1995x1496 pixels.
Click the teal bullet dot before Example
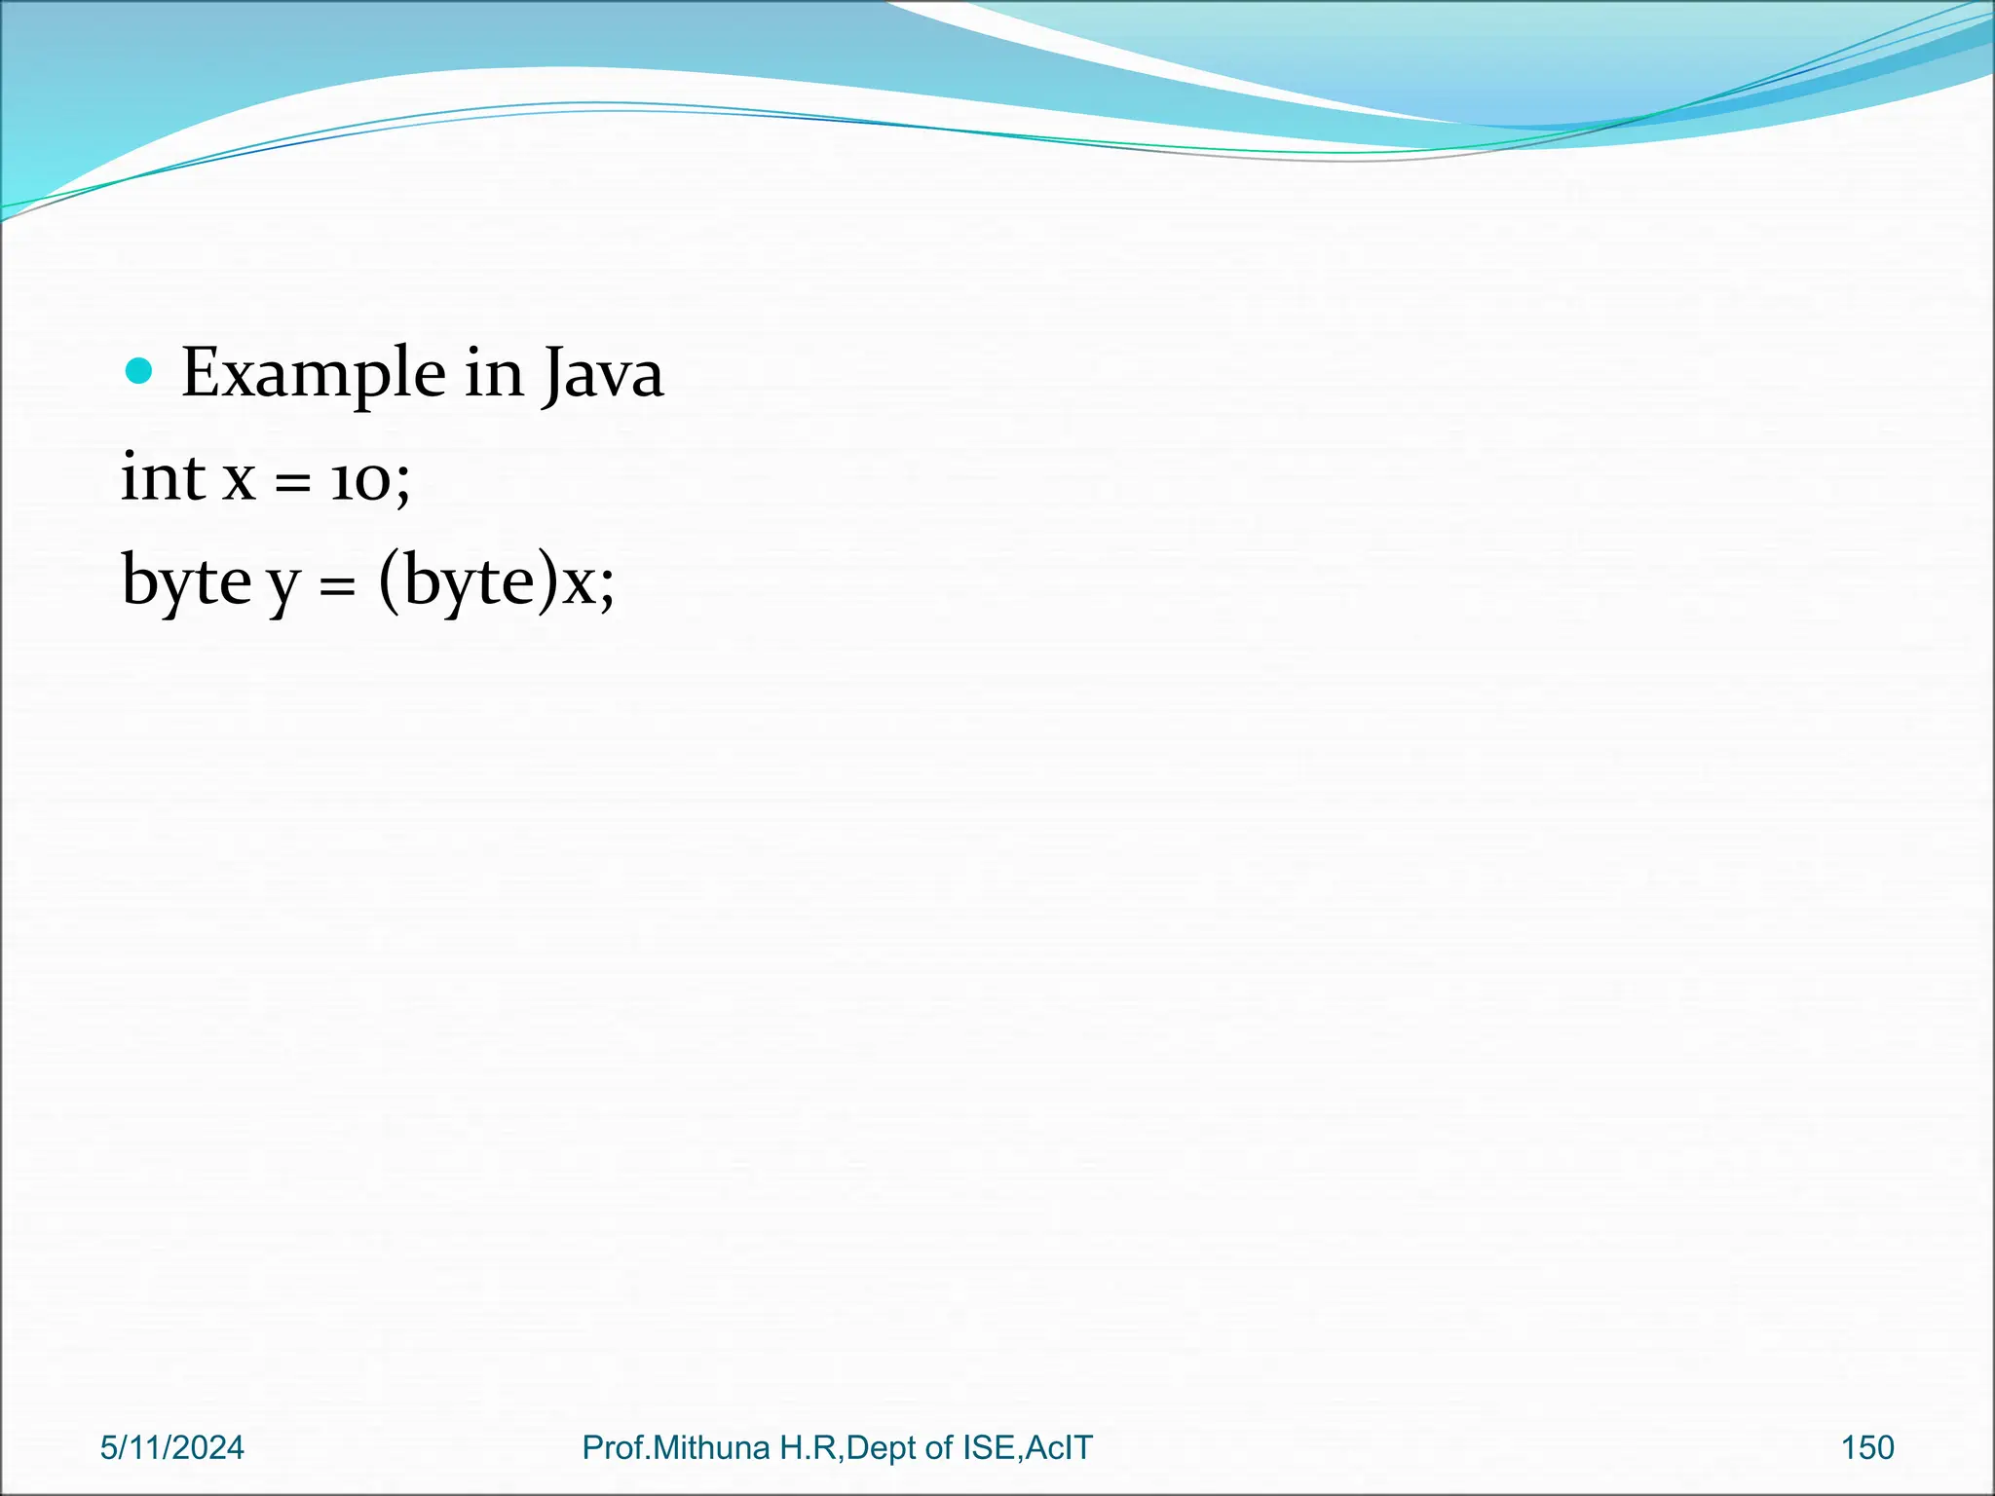(140, 371)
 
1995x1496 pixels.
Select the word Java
(603, 374)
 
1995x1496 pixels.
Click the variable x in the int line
(240, 480)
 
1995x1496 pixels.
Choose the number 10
(359, 481)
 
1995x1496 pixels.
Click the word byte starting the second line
(186, 582)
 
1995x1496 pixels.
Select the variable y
(283, 586)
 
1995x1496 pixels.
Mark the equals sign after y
(337, 585)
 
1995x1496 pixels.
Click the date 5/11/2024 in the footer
(172, 1447)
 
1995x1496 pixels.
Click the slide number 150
(1867, 1447)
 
